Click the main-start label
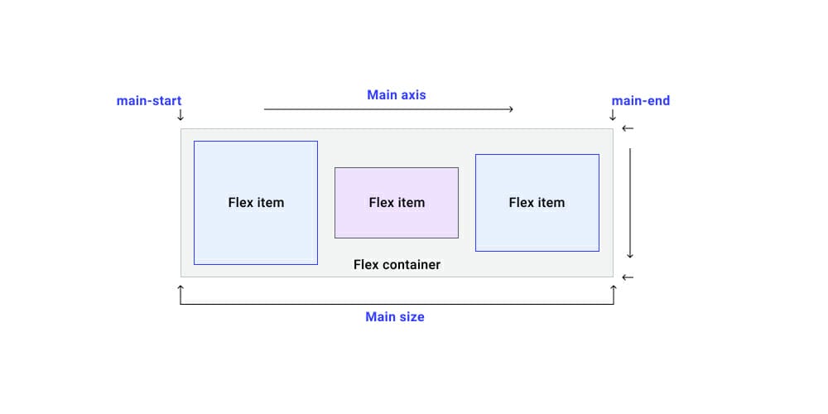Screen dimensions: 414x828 click(x=148, y=101)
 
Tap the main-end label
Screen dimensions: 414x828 click(x=640, y=101)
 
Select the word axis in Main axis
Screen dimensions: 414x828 click(x=412, y=94)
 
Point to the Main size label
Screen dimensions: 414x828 click(x=395, y=316)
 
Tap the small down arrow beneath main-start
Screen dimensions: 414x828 click(x=181, y=115)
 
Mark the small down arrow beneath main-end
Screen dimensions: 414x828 click(x=613, y=115)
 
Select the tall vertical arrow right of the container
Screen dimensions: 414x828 click(x=630, y=203)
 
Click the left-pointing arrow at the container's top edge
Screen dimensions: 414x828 click(x=628, y=128)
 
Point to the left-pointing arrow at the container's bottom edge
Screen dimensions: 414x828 click(x=628, y=277)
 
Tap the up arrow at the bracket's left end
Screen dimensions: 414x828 click(x=181, y=291)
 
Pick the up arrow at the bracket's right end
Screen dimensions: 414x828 click(x=614, y=291)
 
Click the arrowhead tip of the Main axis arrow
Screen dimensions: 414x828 click(x=512, y=109)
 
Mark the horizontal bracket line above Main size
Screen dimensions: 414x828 click(x=397, y=304)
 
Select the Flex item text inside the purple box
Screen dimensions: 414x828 click(x=397, y=203)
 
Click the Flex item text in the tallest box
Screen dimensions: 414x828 click(x=256, y=203)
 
